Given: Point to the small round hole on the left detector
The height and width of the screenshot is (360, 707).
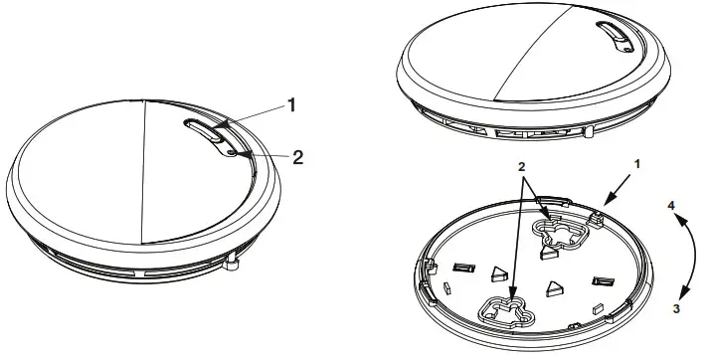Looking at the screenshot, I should point(231,153).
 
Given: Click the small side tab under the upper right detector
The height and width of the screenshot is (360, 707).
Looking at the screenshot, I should point(590,129).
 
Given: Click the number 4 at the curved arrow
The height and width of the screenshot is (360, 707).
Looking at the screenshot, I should point(672,205).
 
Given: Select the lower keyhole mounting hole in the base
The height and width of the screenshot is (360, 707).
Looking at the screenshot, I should point(506,311).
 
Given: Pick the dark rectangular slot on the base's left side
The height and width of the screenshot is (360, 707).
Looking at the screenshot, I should point(463,266).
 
